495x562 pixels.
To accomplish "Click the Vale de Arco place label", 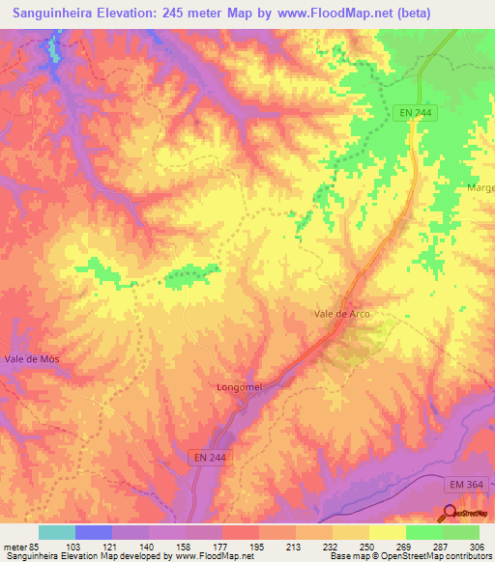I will [342, 314].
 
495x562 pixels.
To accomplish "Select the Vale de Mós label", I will [28, 358].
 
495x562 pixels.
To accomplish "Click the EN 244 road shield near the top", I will [415, 113].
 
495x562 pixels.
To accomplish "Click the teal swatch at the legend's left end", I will [57, 532].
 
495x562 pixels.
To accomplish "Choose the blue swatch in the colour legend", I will [94, 532].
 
